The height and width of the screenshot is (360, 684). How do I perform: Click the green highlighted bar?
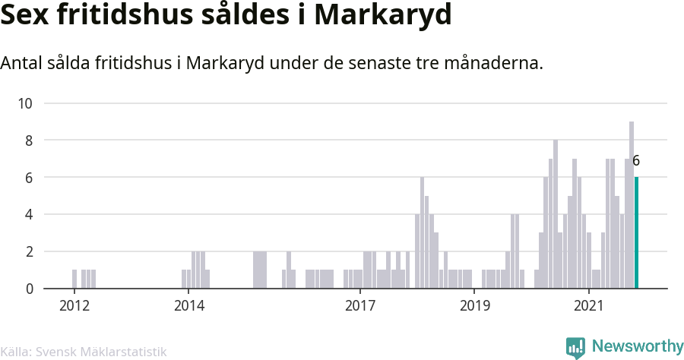pos(636,233)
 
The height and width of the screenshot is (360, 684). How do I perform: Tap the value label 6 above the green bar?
pos(636,161)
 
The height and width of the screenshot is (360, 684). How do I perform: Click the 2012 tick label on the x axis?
pos(74,306)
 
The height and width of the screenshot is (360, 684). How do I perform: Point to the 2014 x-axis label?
pos(188,306)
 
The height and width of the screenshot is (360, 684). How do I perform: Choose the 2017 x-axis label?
pos(360,306)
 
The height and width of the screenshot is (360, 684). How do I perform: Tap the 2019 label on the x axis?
pos(474,306)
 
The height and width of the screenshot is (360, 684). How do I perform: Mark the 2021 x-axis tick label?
pos(589,306)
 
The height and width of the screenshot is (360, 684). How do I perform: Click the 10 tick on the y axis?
pos(27,103)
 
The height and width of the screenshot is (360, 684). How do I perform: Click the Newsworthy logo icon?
pos(575,347)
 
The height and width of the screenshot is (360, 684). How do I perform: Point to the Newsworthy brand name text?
pos(637,346)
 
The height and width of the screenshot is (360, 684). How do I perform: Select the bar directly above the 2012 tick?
pos(74,279)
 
